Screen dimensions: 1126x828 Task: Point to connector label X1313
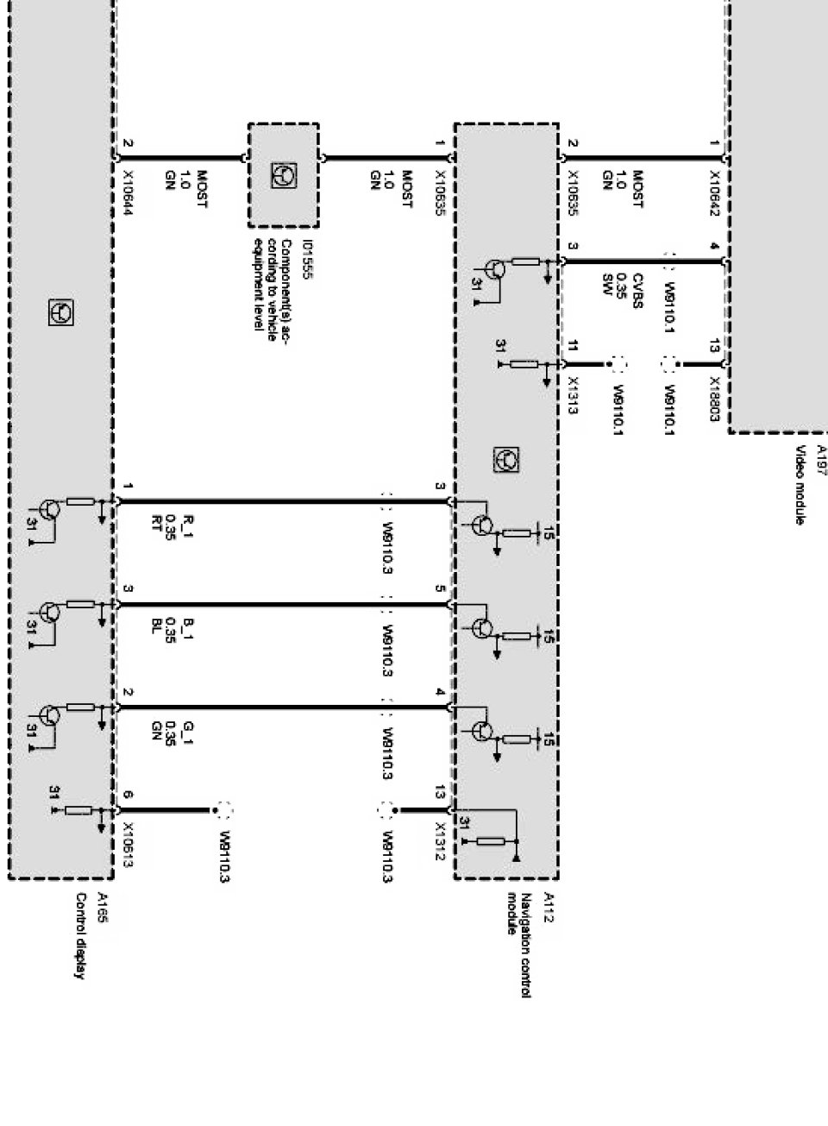[x=574, y=395]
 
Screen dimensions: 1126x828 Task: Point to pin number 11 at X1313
[x=574, y=348]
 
